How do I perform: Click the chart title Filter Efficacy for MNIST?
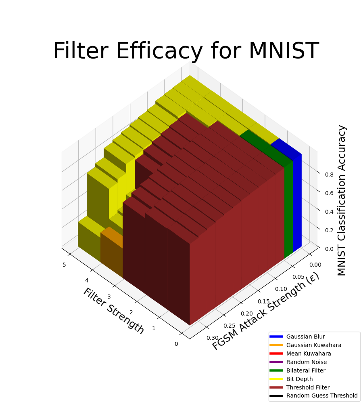point(186,51)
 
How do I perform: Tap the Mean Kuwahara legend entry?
point(308,353)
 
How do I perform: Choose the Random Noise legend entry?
point(306,362)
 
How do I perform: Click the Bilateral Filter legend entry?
point(306,370)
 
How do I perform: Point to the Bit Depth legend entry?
point(299,379)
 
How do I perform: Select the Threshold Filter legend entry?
point(308,387)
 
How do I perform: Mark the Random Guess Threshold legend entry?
point(322,396)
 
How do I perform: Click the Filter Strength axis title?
point(113,311)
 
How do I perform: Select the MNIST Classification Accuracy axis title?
point(342,200)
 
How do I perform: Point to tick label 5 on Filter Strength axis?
point(64,265)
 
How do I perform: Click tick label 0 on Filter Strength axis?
point(176,344)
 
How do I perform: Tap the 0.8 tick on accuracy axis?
point(329,175)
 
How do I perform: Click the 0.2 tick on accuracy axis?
point(329,230)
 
